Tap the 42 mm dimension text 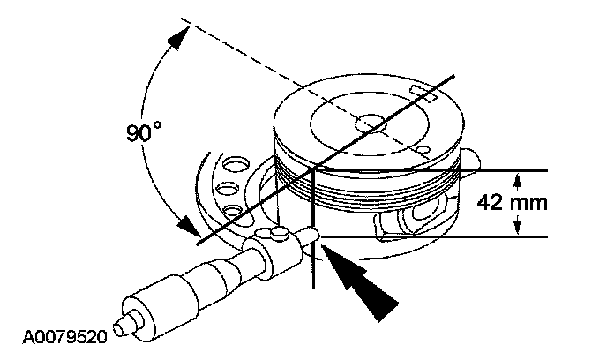pos(513,202)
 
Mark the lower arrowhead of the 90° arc pos(186,226)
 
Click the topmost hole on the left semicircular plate pos(236,165)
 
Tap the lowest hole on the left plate pos(233,209)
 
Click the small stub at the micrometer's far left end pos(127,319)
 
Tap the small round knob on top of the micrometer pos(277,231)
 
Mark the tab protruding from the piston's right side pos(474,158)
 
